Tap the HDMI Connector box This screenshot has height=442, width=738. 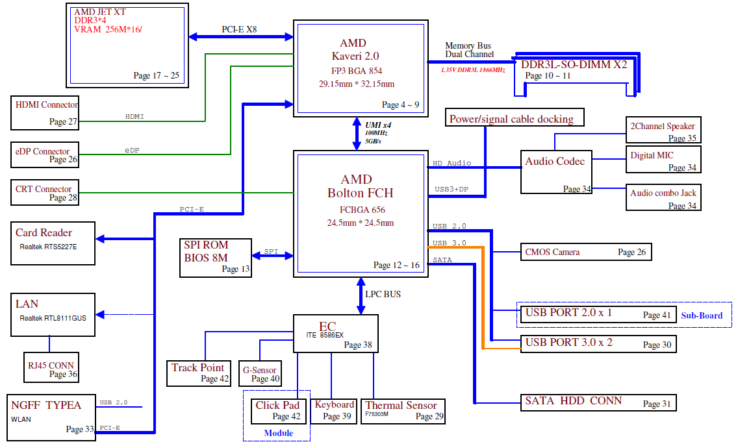pyautogui.click(x=45, y=112)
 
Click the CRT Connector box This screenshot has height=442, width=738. pyautogui.click(x=45, y=193)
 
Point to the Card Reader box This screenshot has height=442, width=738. pyautogui.click(x=53, y=243)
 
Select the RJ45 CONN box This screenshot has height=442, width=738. pyautogui.click(x=51, y=369)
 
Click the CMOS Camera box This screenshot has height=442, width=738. pyautogui.click(x=585, y=252)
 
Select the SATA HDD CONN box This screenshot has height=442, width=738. pyautogui.click(x=598, y=402)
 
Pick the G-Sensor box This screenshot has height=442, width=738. pyautogui.click(x=260, y=374)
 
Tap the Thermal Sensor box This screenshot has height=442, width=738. pyautogui.click(x=403, y=410)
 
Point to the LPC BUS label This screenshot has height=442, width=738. pyautogui.click(x=383, y=294)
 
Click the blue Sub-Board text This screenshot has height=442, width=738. pyautogui.click(x=702, y=315)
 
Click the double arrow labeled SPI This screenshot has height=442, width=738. pyautogui.click(x=270, y=256)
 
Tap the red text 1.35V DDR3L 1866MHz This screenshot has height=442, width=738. pyautogui.click(x=473, y=69)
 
